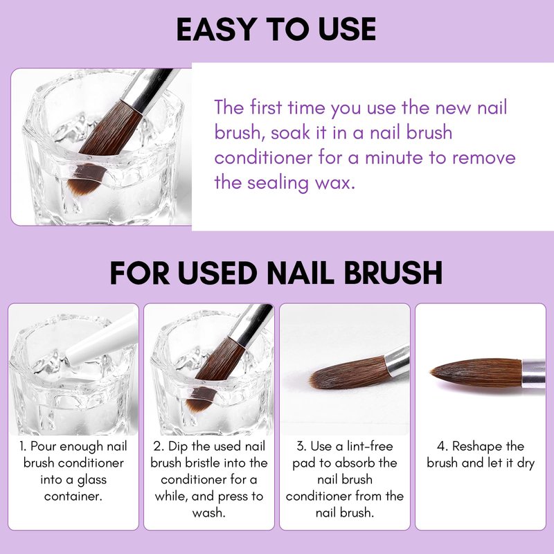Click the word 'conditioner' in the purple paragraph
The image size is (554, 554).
click(x=263, y=157)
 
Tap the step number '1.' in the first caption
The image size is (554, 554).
click(x=23, y=446)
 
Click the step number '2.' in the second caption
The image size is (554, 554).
click(x=159, y=446)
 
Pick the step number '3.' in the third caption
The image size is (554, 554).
click(x=301, y=446)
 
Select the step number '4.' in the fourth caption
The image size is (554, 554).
click(x=443, y=446)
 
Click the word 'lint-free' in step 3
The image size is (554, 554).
click(x=370, y=446)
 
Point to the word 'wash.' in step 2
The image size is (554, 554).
click(x=209, y=512)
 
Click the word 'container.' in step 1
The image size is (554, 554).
click(x=73, y=496)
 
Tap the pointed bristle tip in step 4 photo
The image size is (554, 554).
click(x=432, y=372)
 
